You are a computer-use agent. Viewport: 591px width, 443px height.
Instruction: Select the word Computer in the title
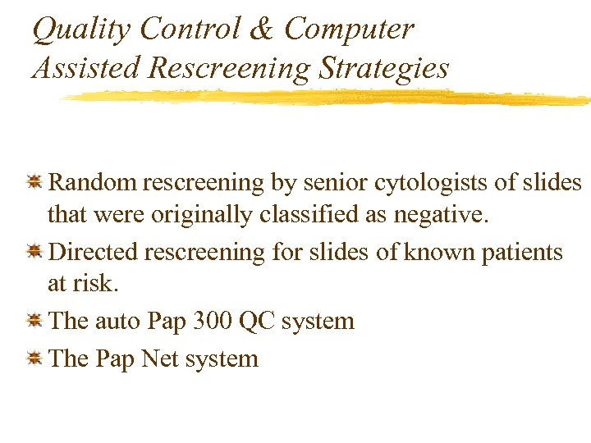(x=349, y=30)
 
